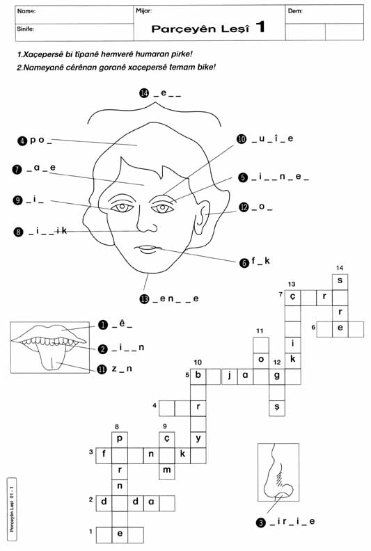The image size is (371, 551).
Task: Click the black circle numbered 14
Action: [144, 93]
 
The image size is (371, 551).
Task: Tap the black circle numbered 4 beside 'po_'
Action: [22, 141]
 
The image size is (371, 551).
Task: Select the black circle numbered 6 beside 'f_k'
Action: [244, 262]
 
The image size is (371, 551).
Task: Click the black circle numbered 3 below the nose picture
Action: [260, 523]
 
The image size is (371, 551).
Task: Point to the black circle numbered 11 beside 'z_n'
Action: [102, 369]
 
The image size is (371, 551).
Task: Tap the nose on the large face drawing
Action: [146, 220]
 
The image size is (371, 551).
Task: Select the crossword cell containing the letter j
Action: [229, 376]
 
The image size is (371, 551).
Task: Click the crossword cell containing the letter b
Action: [198, 376]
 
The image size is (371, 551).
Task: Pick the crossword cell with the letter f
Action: [104, 456]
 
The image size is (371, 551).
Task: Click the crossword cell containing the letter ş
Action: [277, 408]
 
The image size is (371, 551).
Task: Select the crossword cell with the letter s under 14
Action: [340, 282]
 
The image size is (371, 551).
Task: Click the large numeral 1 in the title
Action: [260, 27]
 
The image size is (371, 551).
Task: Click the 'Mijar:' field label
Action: [144, 11]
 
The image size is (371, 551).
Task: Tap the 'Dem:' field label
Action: [296, 11]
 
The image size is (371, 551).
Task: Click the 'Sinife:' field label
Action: [26, 29]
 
